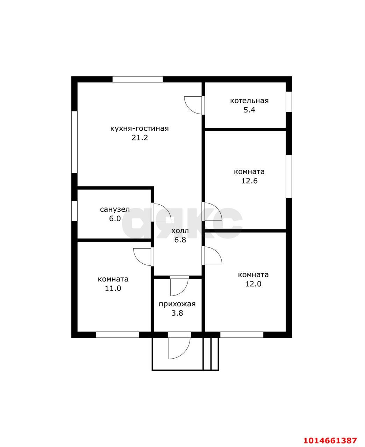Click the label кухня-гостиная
tap(139, 129)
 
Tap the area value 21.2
tap(139, 138)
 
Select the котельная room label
tap(249, 101)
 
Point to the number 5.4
tap(249, 110)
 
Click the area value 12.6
tap(249, 181)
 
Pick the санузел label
tap(115, 210)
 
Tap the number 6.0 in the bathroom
tap(115, 219)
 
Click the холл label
tap(180, 231)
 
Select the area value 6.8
tap(180, 240)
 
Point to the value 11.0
tap(113, 288)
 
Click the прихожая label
tap(177, 304)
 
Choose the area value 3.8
tap(177, 313)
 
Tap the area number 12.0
tap(253, 284)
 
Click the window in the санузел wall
tap(74, 211)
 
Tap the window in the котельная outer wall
tap(289, 102)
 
